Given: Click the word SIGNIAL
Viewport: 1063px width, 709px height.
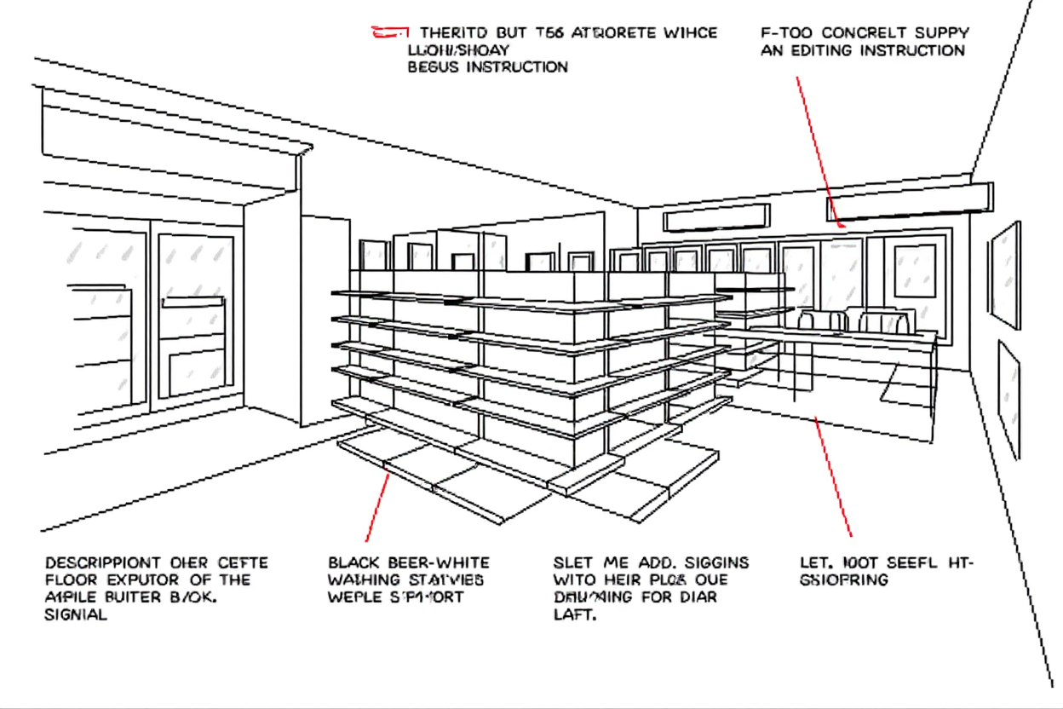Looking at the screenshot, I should click(x=76, y=614).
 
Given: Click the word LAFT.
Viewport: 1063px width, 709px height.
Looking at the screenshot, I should click(x=574, y=614).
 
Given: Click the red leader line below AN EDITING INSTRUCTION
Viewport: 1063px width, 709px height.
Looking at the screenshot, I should click(x=819, y=149).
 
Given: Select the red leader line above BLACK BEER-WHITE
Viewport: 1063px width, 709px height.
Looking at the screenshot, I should click(x=378, y=507).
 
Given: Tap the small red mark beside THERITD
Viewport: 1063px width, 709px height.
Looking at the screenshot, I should click(x=386, y=34).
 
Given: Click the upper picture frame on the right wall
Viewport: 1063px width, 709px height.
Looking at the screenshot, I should click(x=1005, y=274).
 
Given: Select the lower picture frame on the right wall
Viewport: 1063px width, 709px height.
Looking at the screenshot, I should click(x=1008, y=398).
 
